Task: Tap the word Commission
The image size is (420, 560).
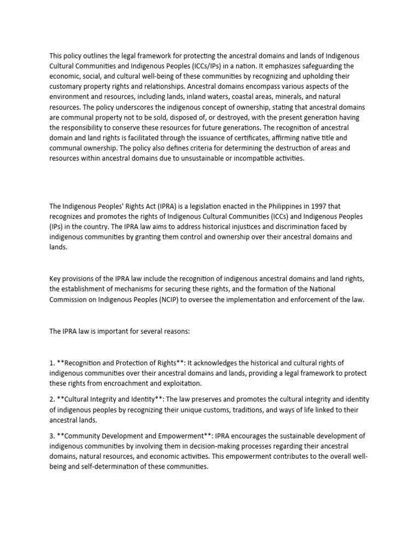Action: coord(70,299)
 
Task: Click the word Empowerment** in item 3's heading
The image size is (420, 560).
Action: coord(183,436)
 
